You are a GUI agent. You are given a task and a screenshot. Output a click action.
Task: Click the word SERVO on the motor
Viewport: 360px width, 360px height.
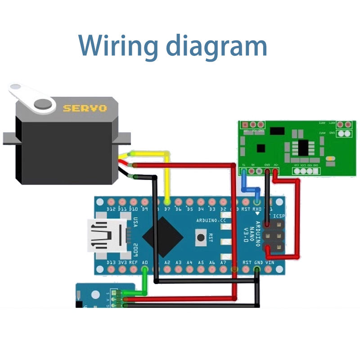(x=85, y=108)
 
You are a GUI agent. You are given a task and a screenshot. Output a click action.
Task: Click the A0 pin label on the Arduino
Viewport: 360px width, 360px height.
(x=145, y=262)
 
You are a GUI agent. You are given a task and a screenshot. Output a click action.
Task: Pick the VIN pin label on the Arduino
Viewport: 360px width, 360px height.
(x=270, y=262)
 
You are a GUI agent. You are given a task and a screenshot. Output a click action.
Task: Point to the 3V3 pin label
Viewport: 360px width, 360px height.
(x=122, y=262)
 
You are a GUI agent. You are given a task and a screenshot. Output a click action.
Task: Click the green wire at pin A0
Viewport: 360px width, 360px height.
(x=144, y=281)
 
